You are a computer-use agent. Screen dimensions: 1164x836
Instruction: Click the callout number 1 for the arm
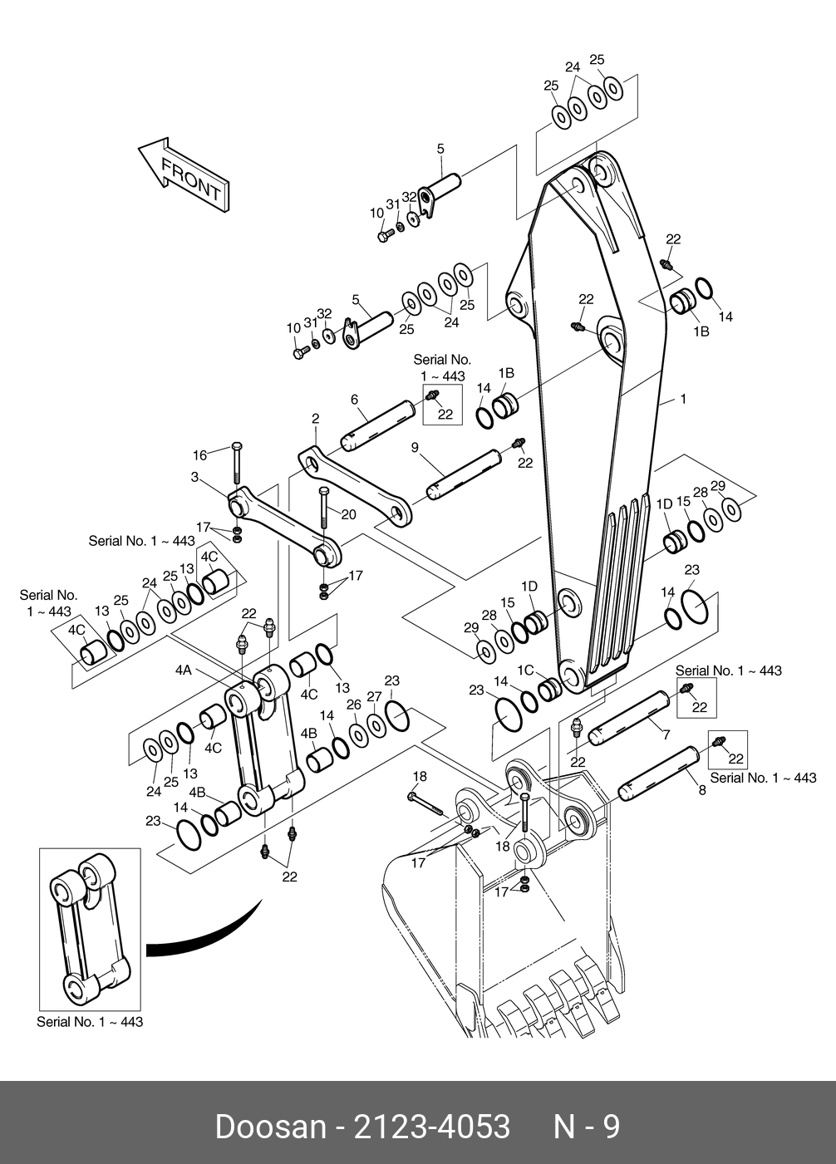click(683, 400)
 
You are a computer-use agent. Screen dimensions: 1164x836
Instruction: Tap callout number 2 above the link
click(316, 418)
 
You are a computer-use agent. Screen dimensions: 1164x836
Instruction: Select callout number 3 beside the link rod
click(194, 477)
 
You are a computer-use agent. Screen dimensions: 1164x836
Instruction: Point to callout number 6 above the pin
click(354, 400)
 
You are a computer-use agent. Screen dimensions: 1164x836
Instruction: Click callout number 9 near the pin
click(414, 448)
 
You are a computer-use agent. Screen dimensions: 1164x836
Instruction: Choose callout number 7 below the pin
click(666, 734)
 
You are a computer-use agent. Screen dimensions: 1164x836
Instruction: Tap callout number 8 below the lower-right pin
click(702, 790)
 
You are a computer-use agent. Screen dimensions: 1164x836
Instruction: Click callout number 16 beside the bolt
click(200, 454)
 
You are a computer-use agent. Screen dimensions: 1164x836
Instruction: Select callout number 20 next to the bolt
click(348, 514)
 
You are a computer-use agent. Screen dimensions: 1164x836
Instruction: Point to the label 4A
click(183, 670)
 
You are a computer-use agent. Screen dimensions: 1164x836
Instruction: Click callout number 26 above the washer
click(354, 705)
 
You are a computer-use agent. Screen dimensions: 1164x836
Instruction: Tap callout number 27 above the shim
click(375, 696)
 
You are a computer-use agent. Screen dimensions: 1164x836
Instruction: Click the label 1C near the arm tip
click(525, 670)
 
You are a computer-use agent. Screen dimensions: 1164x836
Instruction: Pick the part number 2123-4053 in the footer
click(432, 1127)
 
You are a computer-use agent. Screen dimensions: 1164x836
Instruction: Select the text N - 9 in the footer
click(587, 1127)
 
